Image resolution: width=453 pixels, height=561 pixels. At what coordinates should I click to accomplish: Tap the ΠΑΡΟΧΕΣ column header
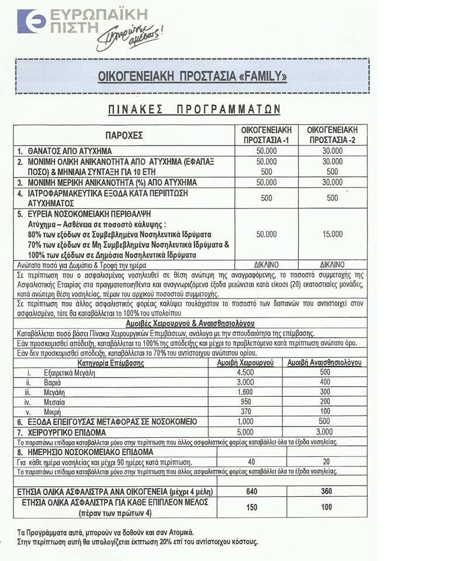(x=123, y=136)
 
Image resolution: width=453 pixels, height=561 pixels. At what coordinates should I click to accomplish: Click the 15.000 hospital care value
(x=333, y=234)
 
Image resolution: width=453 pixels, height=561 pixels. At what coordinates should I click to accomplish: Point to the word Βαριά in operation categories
(x=54, y=382)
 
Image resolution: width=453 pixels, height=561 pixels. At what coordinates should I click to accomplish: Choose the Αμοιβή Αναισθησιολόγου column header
(x=324, y=362)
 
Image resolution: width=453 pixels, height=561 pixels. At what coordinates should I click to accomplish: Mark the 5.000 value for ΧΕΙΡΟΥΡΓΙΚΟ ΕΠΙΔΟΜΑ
(x=246, y=432)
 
